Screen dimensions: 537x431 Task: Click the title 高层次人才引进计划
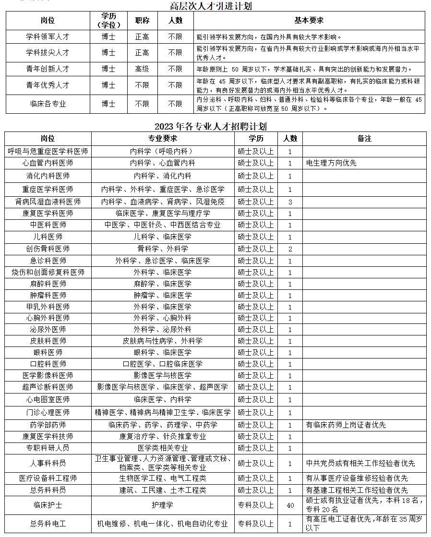click(211, 6)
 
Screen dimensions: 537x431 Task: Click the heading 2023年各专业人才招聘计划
click(211, 127)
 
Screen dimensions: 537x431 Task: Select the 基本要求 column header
click(309, 21)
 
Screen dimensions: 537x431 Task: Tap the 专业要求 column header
click(163, 139)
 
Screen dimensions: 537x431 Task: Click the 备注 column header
click(364, 139)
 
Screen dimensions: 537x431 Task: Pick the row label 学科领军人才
click(48, 37)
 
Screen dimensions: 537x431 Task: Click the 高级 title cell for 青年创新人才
click(142, 69)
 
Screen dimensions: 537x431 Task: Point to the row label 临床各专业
click(48, 104)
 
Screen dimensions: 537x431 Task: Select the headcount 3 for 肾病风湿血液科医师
click(290, 202)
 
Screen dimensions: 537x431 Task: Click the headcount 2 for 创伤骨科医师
click(290, 249)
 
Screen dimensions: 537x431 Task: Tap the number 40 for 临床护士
click(290, 505)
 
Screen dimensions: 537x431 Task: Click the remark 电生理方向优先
click(331, 163)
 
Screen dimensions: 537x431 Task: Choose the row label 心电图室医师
click(48, 399)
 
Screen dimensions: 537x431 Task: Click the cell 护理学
click(163, 505)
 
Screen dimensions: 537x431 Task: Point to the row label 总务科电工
click(48, 524)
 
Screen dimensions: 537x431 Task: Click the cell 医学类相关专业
click(163, 448)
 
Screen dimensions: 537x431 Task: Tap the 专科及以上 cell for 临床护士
click(256, 505)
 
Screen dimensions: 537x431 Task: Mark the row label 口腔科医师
click(48, 364)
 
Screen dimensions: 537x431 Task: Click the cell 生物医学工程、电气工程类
click(163, 478)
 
